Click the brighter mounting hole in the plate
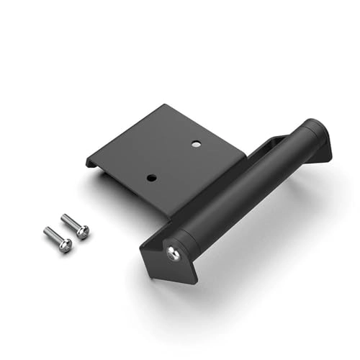coord(196,144)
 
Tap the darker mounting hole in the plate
coord(150,176)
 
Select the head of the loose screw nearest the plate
coord(82,231)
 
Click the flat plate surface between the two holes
coord(173,160)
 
